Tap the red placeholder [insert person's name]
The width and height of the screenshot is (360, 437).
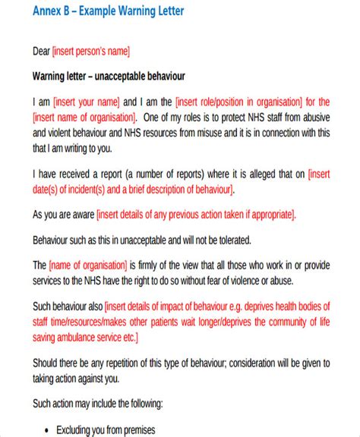point(91,52)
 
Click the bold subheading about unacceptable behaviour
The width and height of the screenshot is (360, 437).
point(109,77)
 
